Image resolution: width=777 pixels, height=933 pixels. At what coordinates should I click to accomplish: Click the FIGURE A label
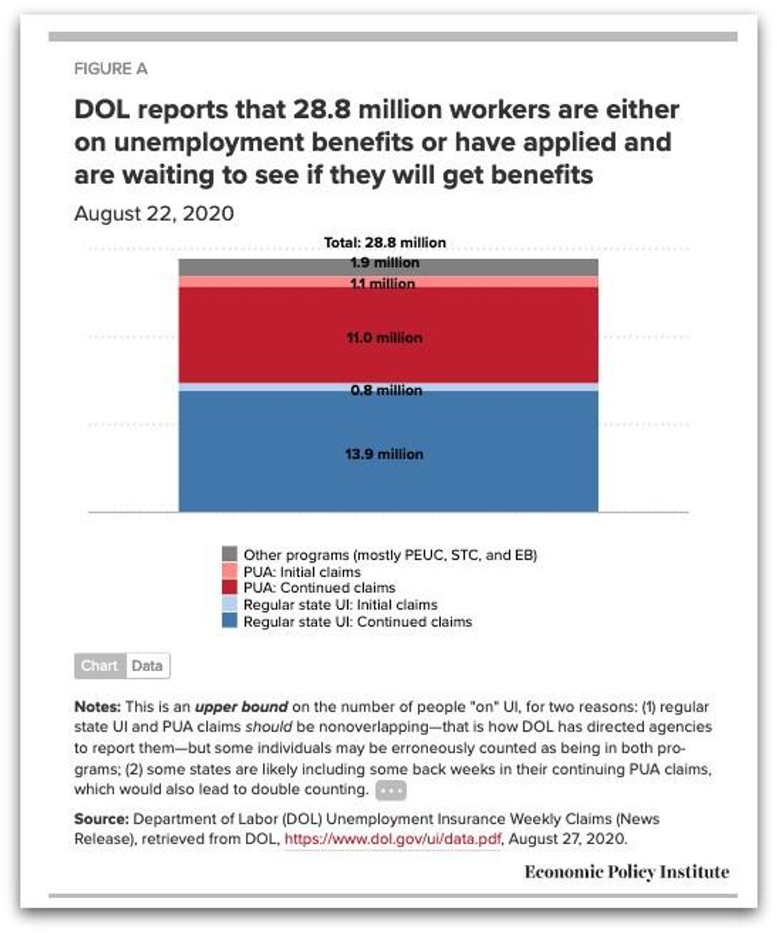110,69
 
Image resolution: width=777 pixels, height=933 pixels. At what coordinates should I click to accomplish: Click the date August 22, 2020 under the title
154,214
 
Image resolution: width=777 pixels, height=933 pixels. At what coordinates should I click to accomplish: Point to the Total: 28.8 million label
385,243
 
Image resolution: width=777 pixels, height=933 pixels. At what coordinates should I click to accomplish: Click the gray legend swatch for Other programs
230,554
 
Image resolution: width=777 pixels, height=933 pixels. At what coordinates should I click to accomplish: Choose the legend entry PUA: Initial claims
301,572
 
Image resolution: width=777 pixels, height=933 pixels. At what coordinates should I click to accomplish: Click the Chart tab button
100,666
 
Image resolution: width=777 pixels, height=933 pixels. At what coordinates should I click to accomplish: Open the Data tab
147,666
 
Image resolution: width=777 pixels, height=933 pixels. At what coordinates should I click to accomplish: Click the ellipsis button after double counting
390,790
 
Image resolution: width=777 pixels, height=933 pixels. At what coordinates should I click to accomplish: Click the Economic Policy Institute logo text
626,871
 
